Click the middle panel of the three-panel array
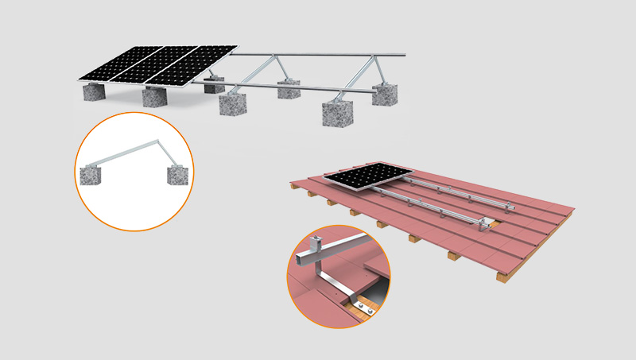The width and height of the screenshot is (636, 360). pos(156,65)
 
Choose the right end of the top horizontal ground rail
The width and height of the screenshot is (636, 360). pos(403,56)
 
